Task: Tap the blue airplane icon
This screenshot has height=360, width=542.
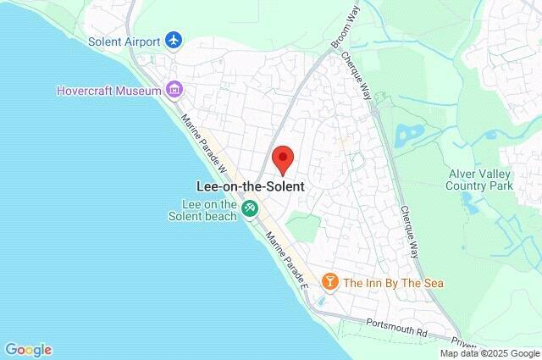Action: click(x=174, y=40)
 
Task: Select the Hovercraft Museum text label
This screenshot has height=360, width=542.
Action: click(x=110, y=89)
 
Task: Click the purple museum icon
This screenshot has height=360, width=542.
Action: click(x=174, y=89)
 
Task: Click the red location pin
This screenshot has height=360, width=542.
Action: click(x=282, y=159)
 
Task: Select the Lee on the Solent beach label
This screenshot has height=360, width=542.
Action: click(x=208, y=209)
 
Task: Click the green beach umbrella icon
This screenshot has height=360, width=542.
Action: click(x=250, y=208)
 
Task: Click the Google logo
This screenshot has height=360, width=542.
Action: click(x=28, y=349)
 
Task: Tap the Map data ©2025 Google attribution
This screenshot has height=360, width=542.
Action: click(x=489, y=353)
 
